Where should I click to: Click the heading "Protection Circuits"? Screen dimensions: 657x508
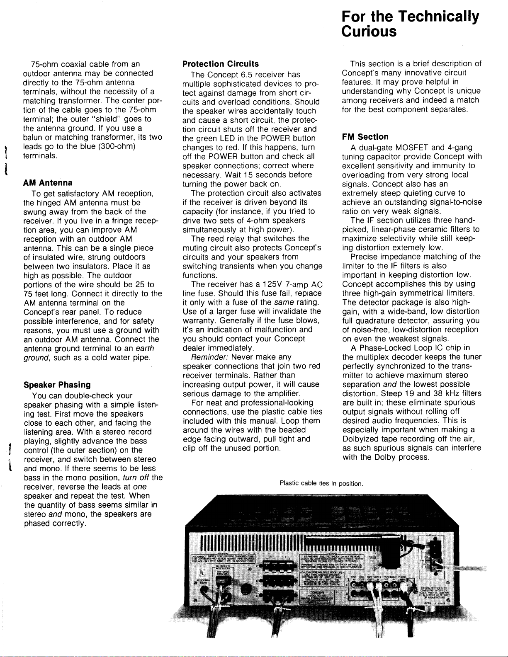pyautogui.click(x=221, y=64)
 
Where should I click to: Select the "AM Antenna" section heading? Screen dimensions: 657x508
pyautogui.click(x=48, y=183)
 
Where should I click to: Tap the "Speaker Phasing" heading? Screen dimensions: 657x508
pyautogui.click(x=57, y=385)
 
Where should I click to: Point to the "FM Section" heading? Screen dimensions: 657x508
pyautogui.click(x=365, y=137)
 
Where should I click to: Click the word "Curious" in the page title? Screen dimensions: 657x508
pyautogui.click(x=369, y=32)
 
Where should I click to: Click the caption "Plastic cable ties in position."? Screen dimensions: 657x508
pyautogui.click(x=321, y=483)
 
